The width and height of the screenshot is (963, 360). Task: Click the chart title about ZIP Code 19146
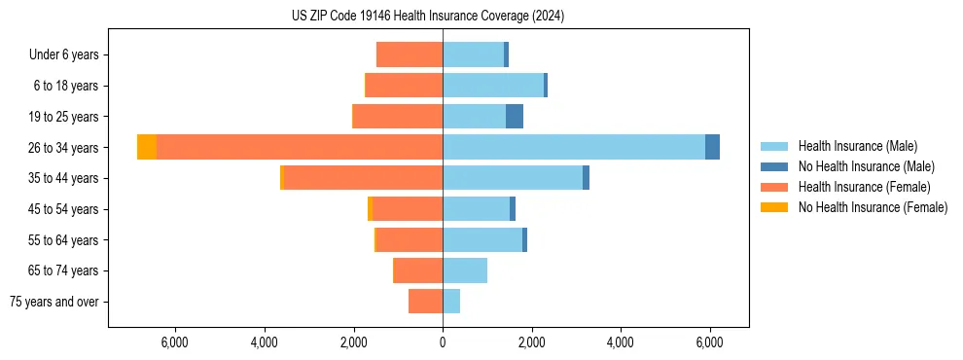click(x=427, y=17)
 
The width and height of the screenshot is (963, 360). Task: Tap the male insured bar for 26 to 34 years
click(x=574, y=147)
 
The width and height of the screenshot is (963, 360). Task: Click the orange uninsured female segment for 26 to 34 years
click(x=147, y=147)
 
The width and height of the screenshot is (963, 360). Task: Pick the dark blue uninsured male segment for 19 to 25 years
click(x=515, y=117)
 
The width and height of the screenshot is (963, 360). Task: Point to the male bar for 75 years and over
click(x=451, y=302)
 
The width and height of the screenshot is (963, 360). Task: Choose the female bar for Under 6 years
click(x=410, y=54)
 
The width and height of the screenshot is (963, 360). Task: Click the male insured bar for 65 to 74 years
click(x=465, y=270)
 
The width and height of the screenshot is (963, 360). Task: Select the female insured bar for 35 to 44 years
click(x=364, y=178)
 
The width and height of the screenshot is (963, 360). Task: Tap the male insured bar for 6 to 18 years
click(x=493, y=86)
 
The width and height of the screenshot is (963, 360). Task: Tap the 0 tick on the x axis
click(x=443, y=342)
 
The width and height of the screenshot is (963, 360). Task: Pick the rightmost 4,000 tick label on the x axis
click(x=621, y=342)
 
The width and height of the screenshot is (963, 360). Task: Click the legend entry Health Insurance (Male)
click(x=857, y=146)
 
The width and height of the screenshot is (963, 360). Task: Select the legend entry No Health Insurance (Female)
click(x=873, y=207)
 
